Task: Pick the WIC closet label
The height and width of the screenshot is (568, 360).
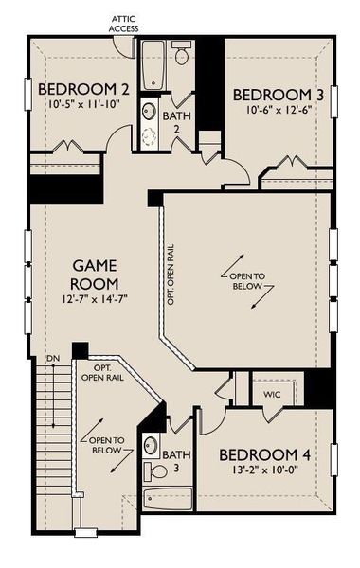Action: click(273, 394)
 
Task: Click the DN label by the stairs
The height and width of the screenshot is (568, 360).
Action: click(52, 359)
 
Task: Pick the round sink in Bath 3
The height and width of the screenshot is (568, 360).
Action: click(151, 444)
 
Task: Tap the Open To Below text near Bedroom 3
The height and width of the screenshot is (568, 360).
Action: click(249, 279)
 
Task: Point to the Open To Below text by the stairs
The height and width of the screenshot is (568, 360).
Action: click(105, 445)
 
